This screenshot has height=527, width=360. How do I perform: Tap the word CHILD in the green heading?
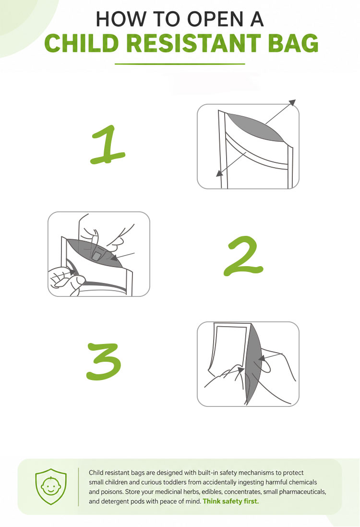click(81, 43)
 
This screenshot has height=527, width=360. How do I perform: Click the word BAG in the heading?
click(293, 43)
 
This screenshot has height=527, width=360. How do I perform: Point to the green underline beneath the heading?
click(180, 64)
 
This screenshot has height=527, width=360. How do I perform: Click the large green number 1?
click(108, 145)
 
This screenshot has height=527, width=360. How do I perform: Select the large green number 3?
click(104, 362)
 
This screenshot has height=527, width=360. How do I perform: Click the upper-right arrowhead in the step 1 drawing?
click(292, 102)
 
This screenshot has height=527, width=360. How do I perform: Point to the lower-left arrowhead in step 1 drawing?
click(219, 173)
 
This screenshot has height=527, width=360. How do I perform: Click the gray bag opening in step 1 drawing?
click(255, 127)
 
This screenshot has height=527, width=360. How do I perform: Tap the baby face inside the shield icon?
click(51, 486)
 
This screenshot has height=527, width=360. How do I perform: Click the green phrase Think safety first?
click(231, 501)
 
